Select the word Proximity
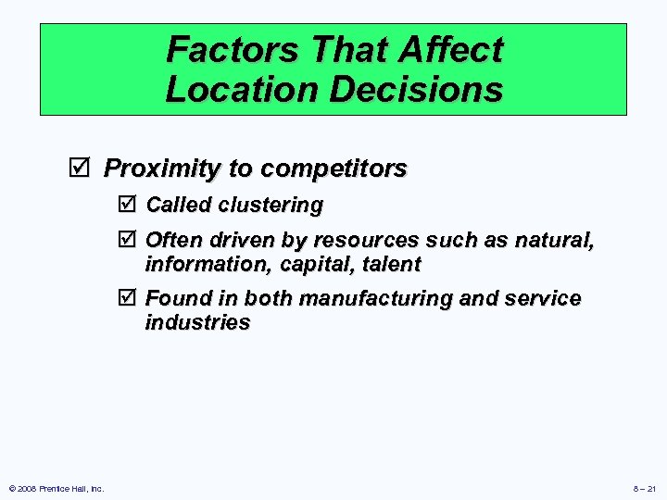163,169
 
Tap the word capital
306,265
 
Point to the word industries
197,323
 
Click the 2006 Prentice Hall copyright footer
57,488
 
